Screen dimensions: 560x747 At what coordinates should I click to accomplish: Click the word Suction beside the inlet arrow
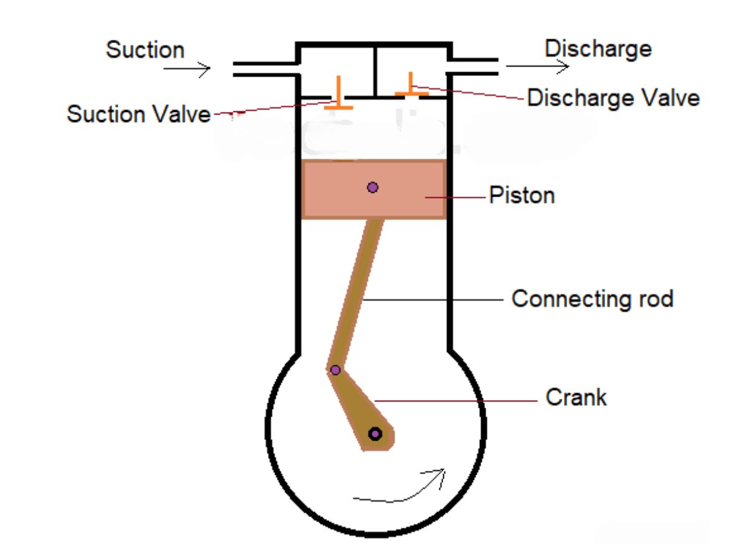tap(145, 50)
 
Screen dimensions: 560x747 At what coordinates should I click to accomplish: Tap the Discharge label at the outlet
tap(598, 49)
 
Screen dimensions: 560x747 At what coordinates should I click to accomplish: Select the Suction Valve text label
tap(139, 114)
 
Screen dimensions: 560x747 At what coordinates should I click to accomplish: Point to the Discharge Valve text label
tap(613, 98)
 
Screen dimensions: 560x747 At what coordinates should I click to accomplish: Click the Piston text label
tap(522, 195)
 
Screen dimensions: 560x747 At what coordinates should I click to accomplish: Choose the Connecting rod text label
tap(592, 299)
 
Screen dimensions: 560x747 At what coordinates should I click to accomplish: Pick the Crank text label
tap(576, 397)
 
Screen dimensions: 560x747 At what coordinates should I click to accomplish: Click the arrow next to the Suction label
tap(187, 69)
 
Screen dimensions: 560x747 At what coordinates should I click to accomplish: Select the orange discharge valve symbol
tap(411, 87)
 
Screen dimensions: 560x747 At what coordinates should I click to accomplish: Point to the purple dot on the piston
tap(372, 187)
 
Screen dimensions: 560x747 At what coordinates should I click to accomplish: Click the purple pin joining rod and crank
tap(335, 370)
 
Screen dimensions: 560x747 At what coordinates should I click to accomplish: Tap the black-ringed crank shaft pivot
tap(375, 434)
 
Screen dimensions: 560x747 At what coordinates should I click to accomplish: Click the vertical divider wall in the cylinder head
tap(375, 72)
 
